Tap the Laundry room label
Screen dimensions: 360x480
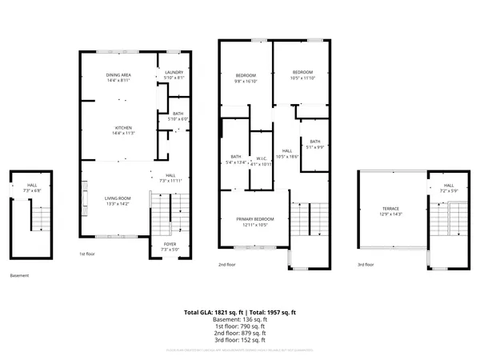(x=174, y=75)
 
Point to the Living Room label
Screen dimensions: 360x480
(x=118, y=200)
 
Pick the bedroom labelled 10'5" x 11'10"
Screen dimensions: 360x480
(x=302, y=74)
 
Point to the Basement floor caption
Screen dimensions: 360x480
(x=19, y=275)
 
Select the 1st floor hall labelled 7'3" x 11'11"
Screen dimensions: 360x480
(x=170, y=178)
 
